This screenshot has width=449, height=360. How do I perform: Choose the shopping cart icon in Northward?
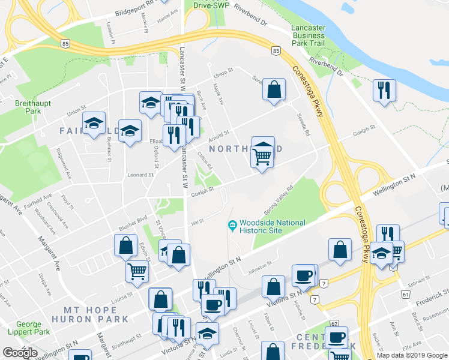pyautogui.click(x=262, y=156)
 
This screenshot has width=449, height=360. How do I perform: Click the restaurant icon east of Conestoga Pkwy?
pyautogui.click(x=384, y=90)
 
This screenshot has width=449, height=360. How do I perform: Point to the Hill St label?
pyautogui.click(x=197, y=223)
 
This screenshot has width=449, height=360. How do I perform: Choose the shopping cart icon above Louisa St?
pyautogui.click(x=137, y=271)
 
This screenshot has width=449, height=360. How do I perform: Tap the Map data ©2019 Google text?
pyautogui.click(x=412, y=355)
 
